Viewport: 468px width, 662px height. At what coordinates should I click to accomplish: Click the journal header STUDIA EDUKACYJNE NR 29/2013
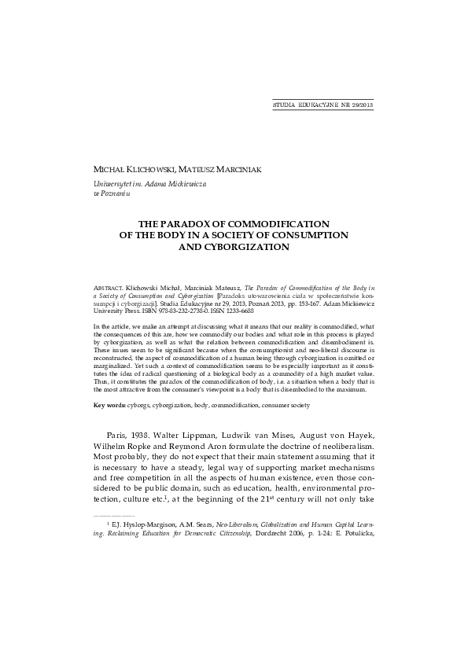[x=322, y=104]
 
